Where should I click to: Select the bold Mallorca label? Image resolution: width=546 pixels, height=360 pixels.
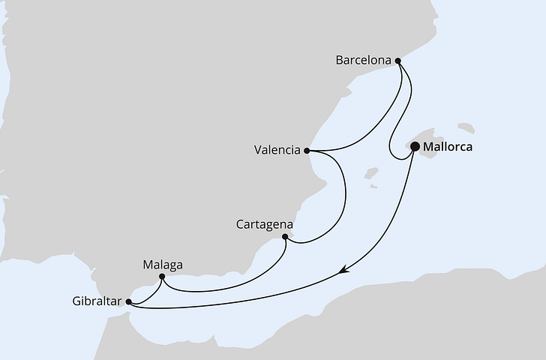point(448,147)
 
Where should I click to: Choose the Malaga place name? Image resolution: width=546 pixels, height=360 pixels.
point(162,265)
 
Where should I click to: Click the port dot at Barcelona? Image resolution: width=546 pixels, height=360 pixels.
point(398,61)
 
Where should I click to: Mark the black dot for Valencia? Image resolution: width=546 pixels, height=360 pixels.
point(307,150)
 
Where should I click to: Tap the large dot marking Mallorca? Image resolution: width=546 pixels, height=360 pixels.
point(415,148)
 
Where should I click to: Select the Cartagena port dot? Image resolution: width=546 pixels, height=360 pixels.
point(285,237)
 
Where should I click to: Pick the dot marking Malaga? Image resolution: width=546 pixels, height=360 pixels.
point(162,277)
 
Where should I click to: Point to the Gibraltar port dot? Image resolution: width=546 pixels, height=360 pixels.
point(129,302)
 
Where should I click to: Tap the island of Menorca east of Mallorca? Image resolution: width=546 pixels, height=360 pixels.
point(466,127)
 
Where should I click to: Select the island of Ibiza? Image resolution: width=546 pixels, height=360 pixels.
point(371,174)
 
